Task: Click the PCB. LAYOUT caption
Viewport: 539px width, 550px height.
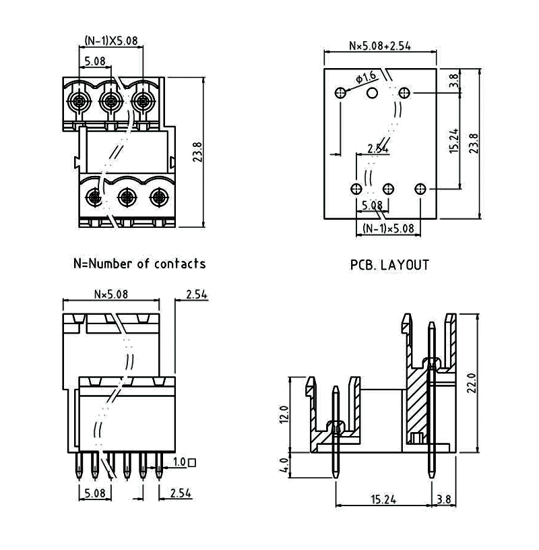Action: tap(389, 265)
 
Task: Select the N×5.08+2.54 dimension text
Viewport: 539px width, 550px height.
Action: tap(380, 47)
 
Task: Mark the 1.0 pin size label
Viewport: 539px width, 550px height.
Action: tap(179, 463)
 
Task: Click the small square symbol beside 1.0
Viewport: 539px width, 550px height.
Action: tap(193, 463)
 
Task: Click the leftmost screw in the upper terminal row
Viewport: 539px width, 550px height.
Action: tap(77, 102)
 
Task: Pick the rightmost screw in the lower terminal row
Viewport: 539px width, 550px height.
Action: tap(158, 197)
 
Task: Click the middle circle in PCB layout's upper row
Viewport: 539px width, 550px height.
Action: tap(372, 93)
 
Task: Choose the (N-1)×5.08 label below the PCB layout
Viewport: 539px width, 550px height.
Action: tap(388, 228)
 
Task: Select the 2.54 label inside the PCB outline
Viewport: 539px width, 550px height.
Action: tap(378, 149)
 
